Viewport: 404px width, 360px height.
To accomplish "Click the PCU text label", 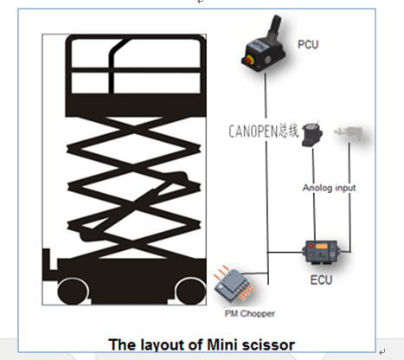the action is pos(308,45).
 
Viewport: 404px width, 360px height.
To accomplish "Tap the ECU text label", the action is pos(321,280).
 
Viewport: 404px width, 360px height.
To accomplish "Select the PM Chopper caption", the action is pos(250,313).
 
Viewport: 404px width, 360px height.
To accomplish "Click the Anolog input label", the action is pos(329,188).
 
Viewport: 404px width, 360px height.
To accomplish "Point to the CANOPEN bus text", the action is pos(264,132).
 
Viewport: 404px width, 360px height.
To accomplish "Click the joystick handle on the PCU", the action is pos(274,25).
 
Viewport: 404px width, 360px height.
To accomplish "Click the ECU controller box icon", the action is pos(321,251).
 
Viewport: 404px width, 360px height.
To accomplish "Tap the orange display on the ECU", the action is pos(322,246).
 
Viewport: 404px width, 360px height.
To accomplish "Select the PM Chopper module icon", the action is pos(233,283).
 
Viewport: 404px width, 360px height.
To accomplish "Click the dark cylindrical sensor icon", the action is pos(312,134).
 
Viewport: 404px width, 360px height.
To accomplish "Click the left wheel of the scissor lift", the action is pos(73,291).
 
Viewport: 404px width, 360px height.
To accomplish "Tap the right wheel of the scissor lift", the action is pos(190,292).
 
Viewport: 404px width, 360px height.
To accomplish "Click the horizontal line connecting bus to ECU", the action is pos(285,253).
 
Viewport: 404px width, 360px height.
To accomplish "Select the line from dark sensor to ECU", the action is pos(314,194).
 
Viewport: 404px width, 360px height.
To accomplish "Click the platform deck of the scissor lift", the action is pos(136,106).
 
